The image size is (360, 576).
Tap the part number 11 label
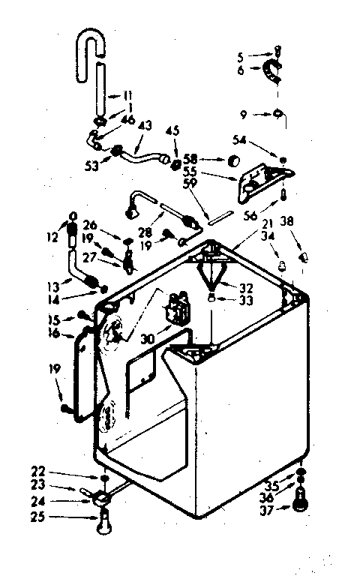tap(128, 96)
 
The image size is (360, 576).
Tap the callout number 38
tap(287, 222)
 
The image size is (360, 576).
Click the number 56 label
tap(251, 214)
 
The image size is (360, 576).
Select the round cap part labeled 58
tap(233, 161)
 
